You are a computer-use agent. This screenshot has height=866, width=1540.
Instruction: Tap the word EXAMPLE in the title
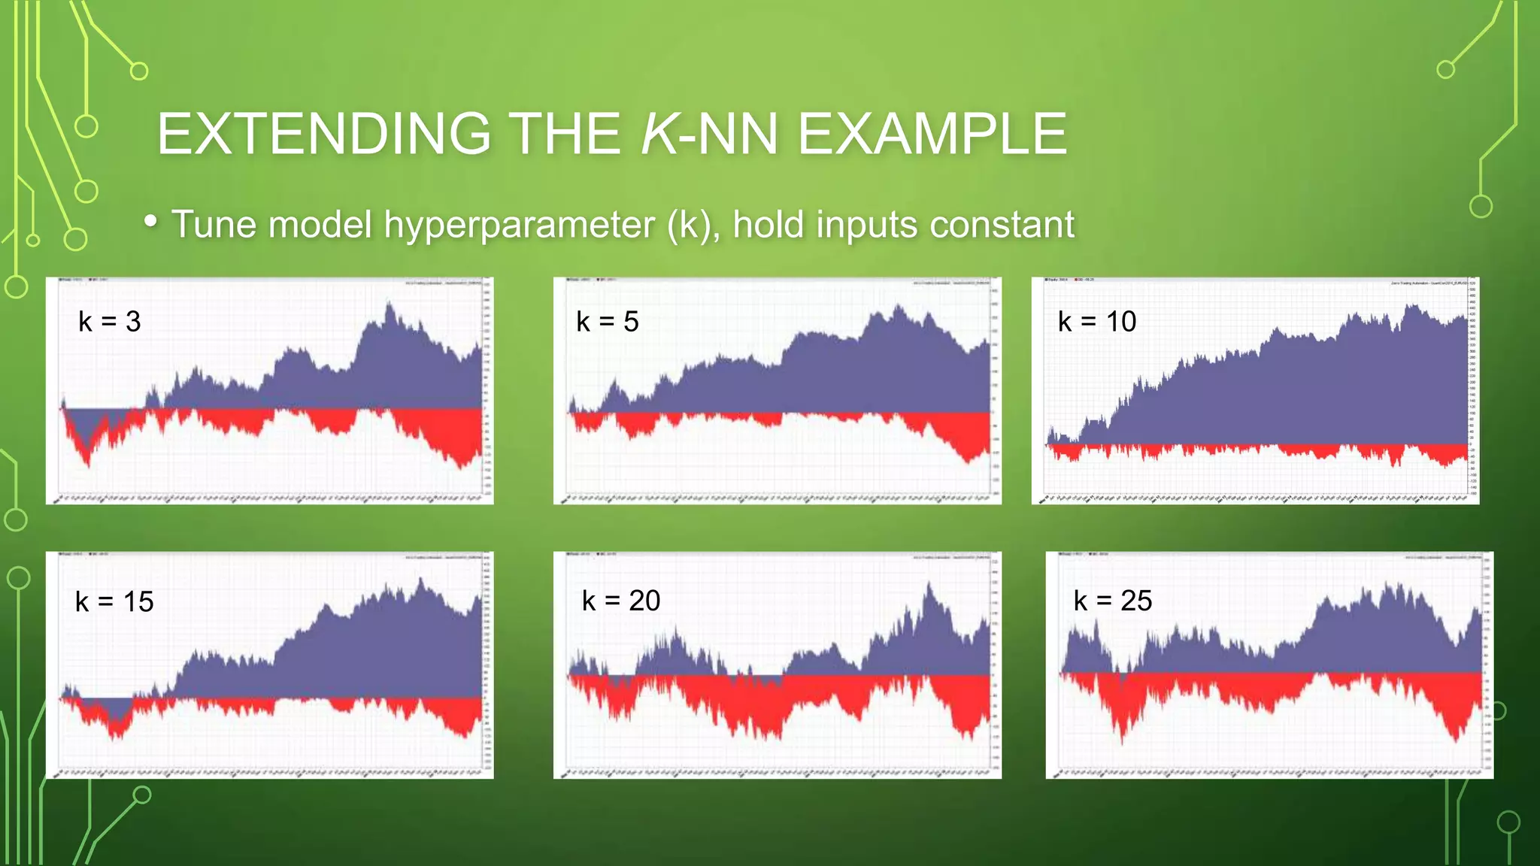click(932, 135)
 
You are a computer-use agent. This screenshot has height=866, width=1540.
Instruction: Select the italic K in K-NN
click(659, 135)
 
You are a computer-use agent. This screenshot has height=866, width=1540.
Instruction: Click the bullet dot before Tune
click(151, 221)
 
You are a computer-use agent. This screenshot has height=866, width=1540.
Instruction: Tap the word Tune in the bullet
click(214, 225)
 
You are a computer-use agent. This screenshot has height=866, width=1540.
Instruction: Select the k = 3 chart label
click(110, 322)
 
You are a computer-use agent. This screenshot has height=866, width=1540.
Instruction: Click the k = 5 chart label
click(608, 322)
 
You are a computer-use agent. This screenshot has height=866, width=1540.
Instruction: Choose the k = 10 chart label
click(1097, 322)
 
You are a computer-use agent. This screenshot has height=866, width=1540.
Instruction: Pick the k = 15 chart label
click(114, 602)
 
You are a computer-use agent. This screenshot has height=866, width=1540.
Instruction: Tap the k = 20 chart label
click(621, 601)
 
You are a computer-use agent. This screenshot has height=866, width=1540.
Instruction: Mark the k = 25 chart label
click(1113, 601)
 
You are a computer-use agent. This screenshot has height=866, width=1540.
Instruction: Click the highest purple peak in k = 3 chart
click(390, 304)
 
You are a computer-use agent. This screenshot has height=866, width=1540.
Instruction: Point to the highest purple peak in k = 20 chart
click(930, 585)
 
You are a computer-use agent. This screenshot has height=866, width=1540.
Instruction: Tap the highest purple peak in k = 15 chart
click(421, 580)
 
